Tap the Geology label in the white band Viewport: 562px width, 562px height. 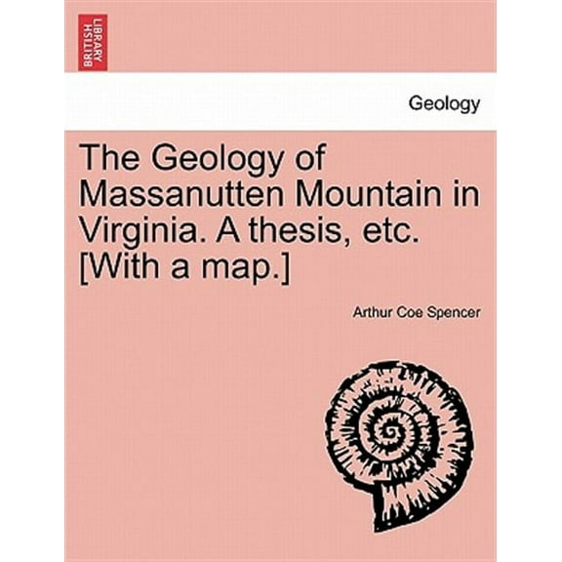[445, 105]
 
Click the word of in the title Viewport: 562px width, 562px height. [309, 159]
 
